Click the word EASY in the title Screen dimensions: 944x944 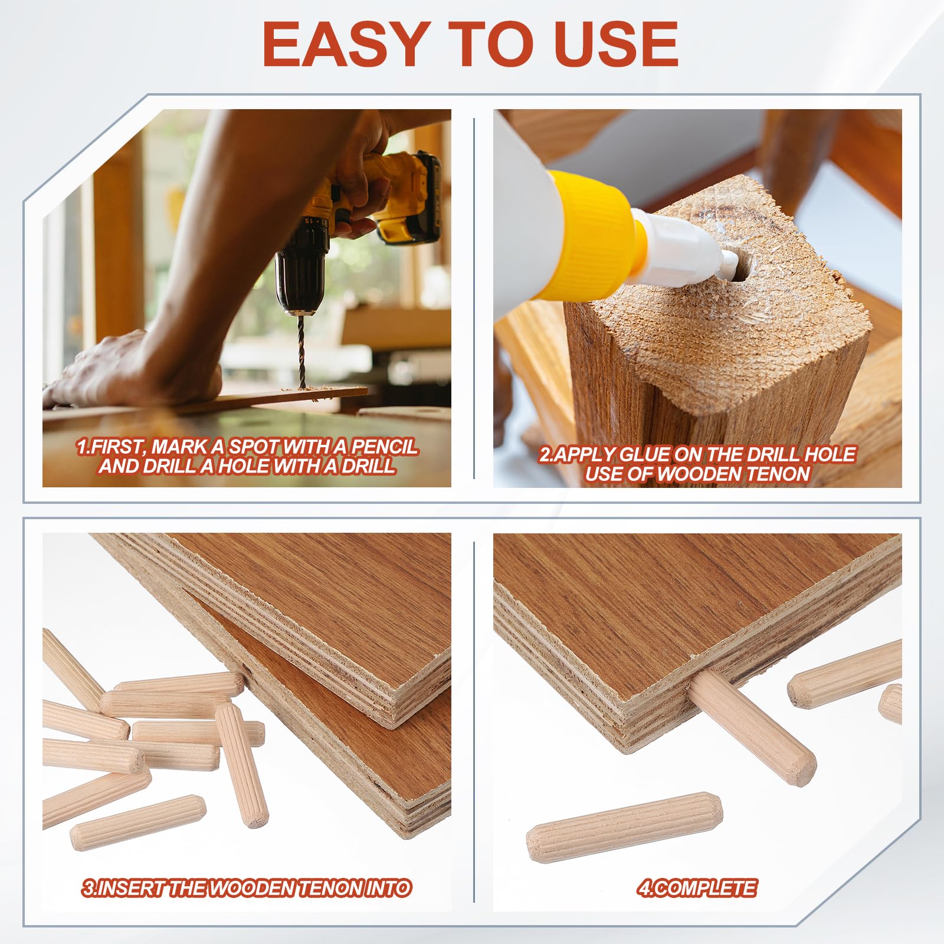click(x=344, y=44)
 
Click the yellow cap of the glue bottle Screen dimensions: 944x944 click(x=590, y=233)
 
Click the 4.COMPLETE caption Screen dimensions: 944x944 click(x=697, y=888)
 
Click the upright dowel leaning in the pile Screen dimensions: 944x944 click(x=241, y=765)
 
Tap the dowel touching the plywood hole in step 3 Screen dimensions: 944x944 click(x=172, y=694)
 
